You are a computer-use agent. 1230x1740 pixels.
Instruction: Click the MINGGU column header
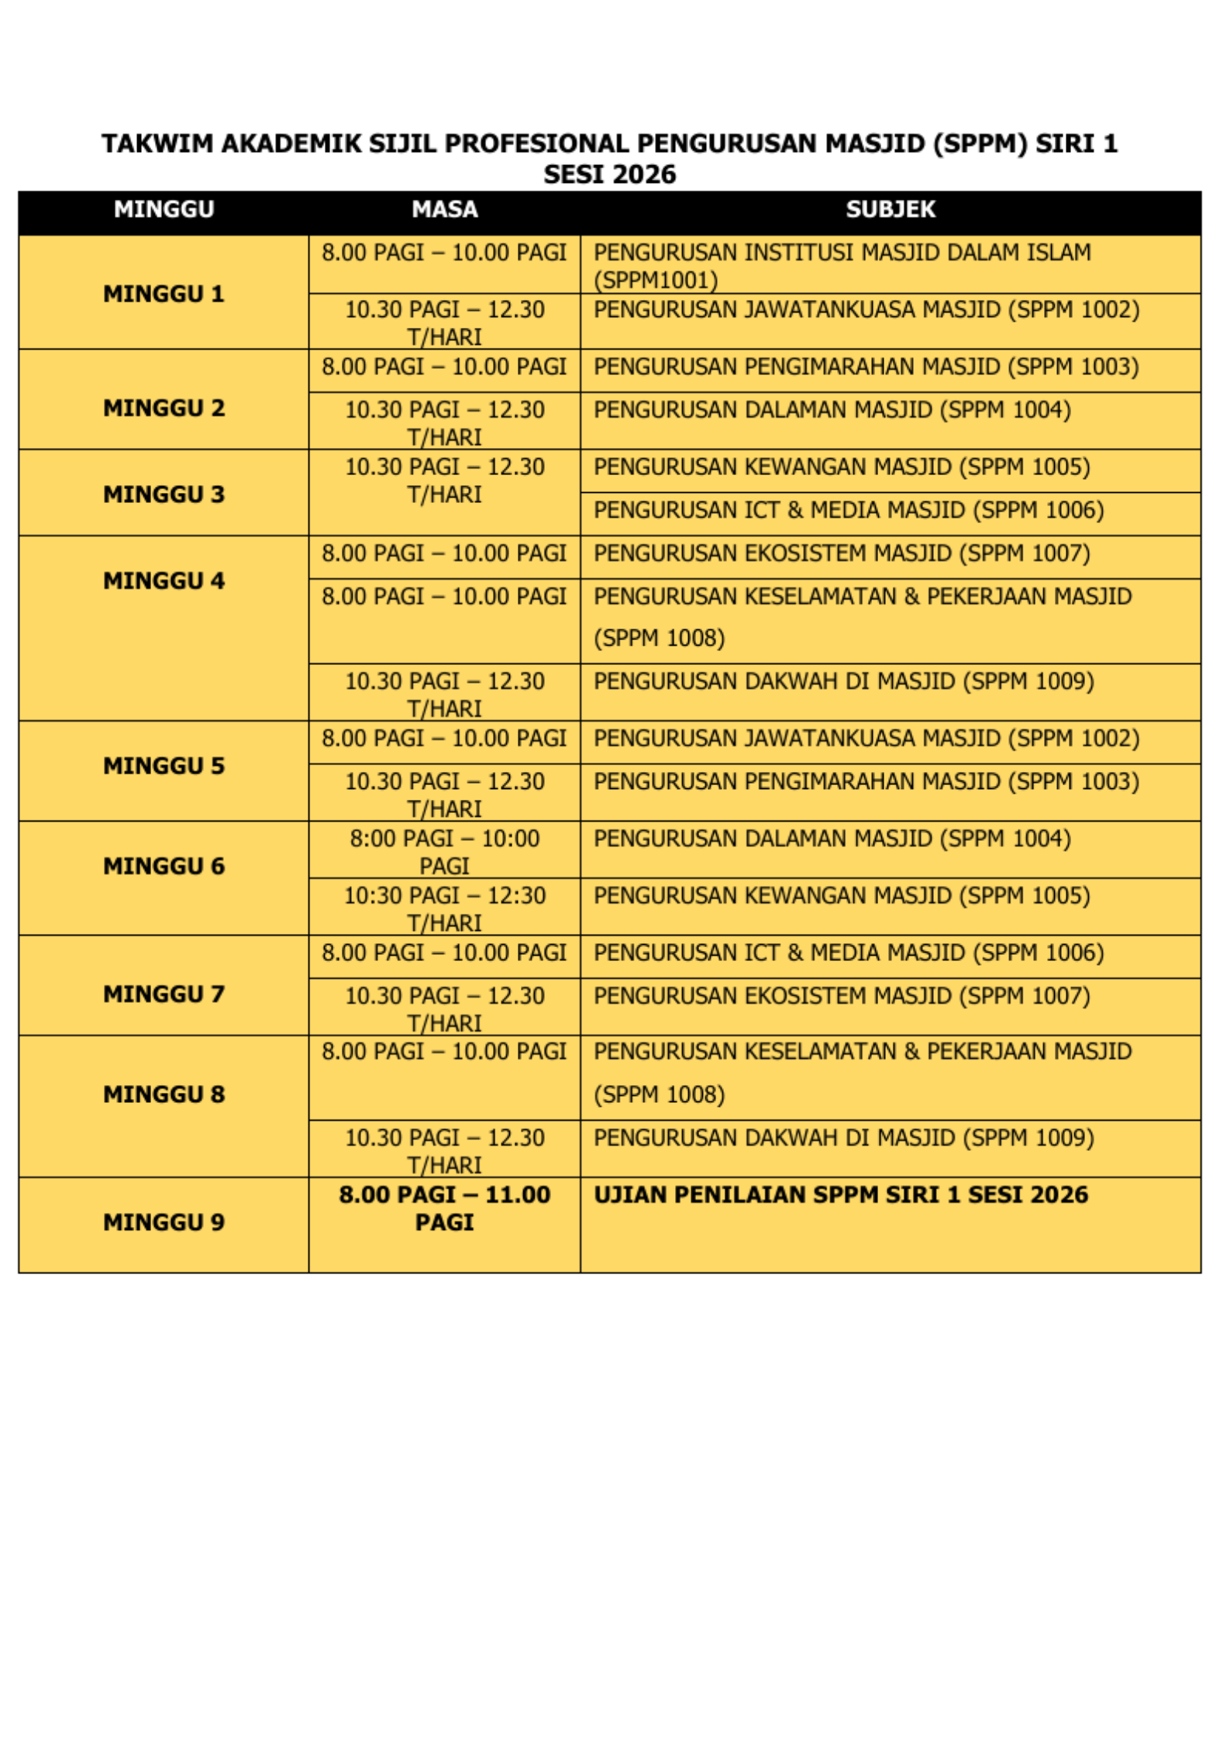click(x=164, y=209)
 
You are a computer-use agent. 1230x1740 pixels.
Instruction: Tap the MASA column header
click(x=444, y=209)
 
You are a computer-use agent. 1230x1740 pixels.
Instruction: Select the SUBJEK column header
click(x=890, y=209)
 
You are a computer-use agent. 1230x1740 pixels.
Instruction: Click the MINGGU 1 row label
click(x=164, y=294)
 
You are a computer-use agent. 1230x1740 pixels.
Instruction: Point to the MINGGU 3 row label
click(x=164, y=494)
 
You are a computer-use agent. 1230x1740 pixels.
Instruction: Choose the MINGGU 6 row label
click(x=164, y=866)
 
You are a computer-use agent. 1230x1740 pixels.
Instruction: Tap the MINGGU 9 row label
click(x=164, y=1222)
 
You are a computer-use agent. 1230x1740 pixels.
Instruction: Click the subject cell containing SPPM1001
click(x=842, y=265)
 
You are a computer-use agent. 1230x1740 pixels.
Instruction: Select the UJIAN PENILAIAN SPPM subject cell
click(x=840, y=1194)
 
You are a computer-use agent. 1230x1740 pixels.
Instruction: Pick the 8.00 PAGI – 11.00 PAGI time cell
click(x=444, y=1208)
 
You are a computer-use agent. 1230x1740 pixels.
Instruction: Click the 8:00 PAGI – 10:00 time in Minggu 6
click(x=444, y=852)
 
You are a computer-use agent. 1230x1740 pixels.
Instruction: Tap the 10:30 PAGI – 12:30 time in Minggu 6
click(x=444, y=908)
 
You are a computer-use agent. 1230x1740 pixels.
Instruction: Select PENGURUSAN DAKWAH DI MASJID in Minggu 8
click(x=843, y=1138)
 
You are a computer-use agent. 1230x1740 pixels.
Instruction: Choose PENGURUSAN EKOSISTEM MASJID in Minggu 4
click(x=842, y=553)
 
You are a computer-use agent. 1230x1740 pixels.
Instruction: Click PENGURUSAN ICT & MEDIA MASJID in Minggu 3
click(x=848, y=510)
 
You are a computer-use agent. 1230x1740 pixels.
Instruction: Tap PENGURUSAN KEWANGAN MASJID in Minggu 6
click(x=842, y=896)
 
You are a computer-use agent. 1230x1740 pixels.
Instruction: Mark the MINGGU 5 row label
click(x=164, y=766)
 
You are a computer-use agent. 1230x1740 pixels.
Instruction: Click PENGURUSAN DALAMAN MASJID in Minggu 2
click(x=832, y=410)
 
